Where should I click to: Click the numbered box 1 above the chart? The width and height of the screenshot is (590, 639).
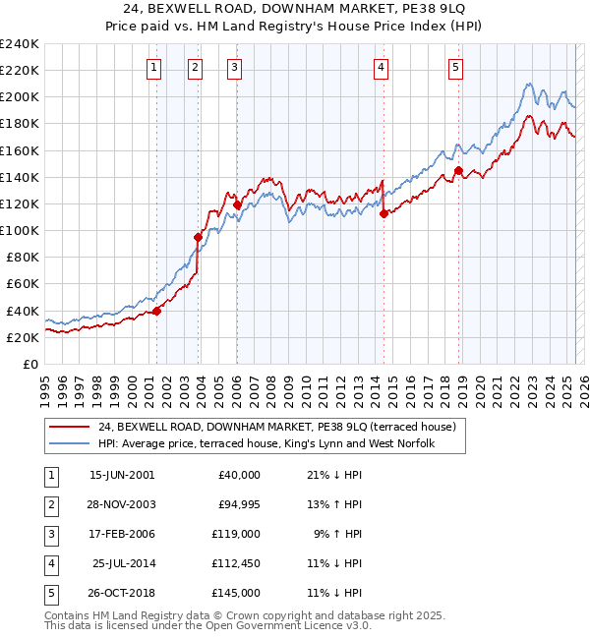pyautogui.click(x=155, y=68)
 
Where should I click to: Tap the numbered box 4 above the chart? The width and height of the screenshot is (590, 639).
pyautogui.click(x=381, y=68)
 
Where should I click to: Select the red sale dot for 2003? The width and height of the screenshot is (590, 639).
pyautogui.click(x=198, y=237)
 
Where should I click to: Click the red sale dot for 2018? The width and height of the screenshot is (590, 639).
pyautogui.click(x=458, y=170)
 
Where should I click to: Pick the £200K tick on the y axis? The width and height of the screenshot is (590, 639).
pyautogui.click(x=21, y=97)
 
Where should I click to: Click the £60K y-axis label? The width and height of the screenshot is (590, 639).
pyautogui.click(x=23, y=284)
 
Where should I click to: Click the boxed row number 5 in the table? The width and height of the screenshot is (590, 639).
pyautogui.click(x=50, y=593)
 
